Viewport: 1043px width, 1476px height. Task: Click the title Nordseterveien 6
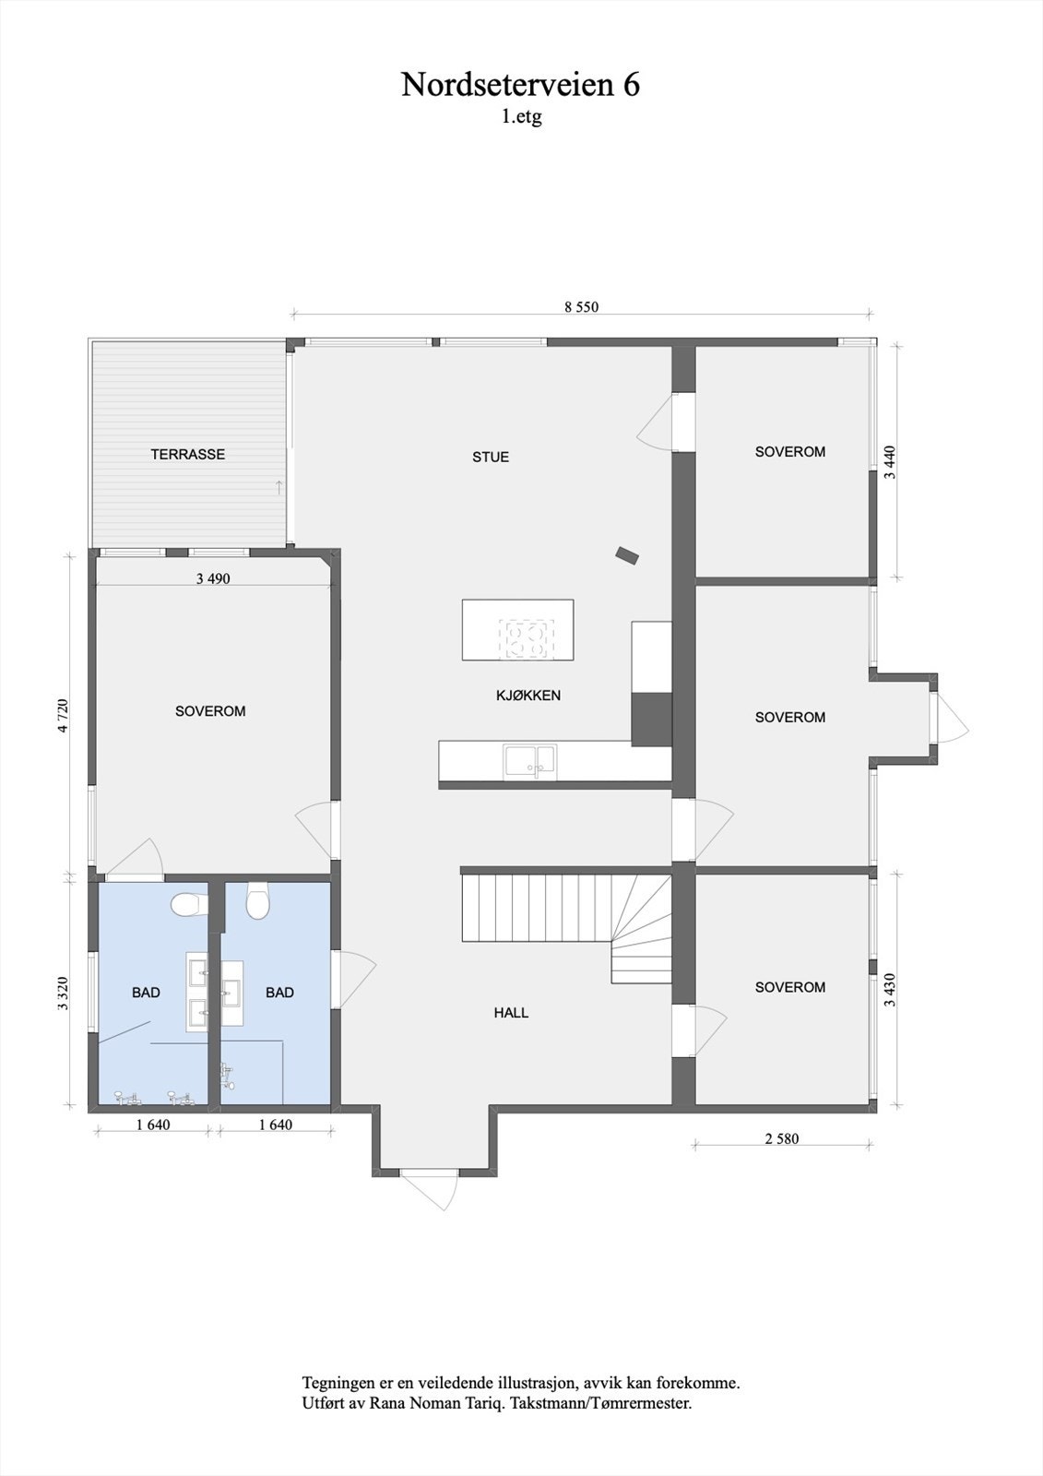click(x=520, y=85)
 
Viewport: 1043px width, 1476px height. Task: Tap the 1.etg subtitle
click(x=521, y=117)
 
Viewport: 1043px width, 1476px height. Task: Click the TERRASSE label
click(x=188, y=454)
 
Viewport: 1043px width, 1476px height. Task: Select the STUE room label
click(x=490, y=457)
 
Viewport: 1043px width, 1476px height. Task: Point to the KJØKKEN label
click(x=527, y=696)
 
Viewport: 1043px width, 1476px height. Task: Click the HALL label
click(x=511, y=1012)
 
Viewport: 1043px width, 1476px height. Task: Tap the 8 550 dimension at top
click(x=581, y=307)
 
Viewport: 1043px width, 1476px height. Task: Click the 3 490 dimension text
click(x=213, y=579)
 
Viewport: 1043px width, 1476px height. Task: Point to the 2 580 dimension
click(x=781, y=1138)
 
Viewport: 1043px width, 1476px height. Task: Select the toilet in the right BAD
click(x=257, y=902)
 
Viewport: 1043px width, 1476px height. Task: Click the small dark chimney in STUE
click(x=627, y=554)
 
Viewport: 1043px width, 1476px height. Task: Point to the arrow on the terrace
click(x=279, y=487)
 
